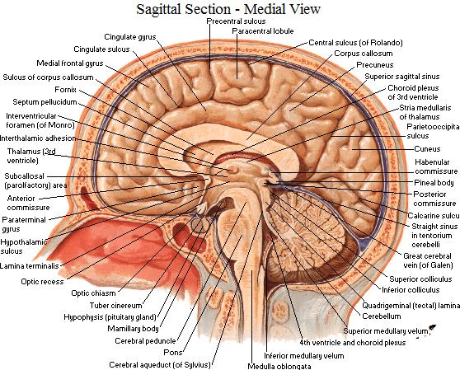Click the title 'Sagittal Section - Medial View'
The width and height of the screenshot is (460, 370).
pos(228,9)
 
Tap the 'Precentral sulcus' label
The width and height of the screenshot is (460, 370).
pos(236,21)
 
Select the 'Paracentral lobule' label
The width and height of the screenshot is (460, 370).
pos(263,31)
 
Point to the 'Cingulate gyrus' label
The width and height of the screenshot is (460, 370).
pos(130,37)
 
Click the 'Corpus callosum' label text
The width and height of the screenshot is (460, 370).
pos(364,54)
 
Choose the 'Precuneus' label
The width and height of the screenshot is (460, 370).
pos(374,65)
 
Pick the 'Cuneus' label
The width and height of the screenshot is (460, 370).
pos(427,149)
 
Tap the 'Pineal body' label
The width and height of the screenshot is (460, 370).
pos(434,183)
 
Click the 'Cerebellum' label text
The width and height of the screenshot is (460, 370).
pos(382,316)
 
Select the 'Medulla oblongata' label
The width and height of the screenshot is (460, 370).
pos(279,366)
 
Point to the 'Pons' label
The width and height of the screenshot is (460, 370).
pos(173,353)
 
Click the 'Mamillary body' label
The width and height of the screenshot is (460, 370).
pos(133,329)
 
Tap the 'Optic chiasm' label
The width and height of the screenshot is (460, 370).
pos(93,293)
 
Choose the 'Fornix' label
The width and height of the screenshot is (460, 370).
pos(65,90)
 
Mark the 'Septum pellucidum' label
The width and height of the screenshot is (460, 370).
pos(45,102)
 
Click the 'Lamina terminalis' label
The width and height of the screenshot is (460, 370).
pos(30,266)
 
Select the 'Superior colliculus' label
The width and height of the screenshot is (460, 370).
pos(420,279)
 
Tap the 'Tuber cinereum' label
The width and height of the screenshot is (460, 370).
pos(115,306)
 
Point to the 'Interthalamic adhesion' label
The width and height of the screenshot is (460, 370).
pos(38,138)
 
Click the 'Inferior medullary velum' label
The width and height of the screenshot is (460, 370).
pos(304,356)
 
